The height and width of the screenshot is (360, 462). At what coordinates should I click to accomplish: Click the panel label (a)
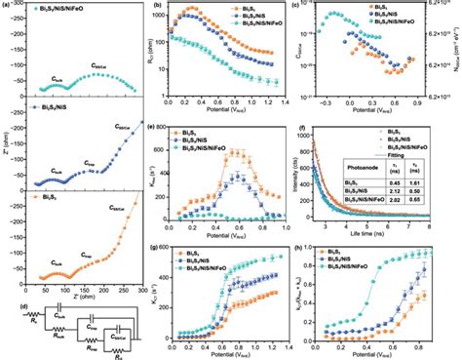pos(7,6)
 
